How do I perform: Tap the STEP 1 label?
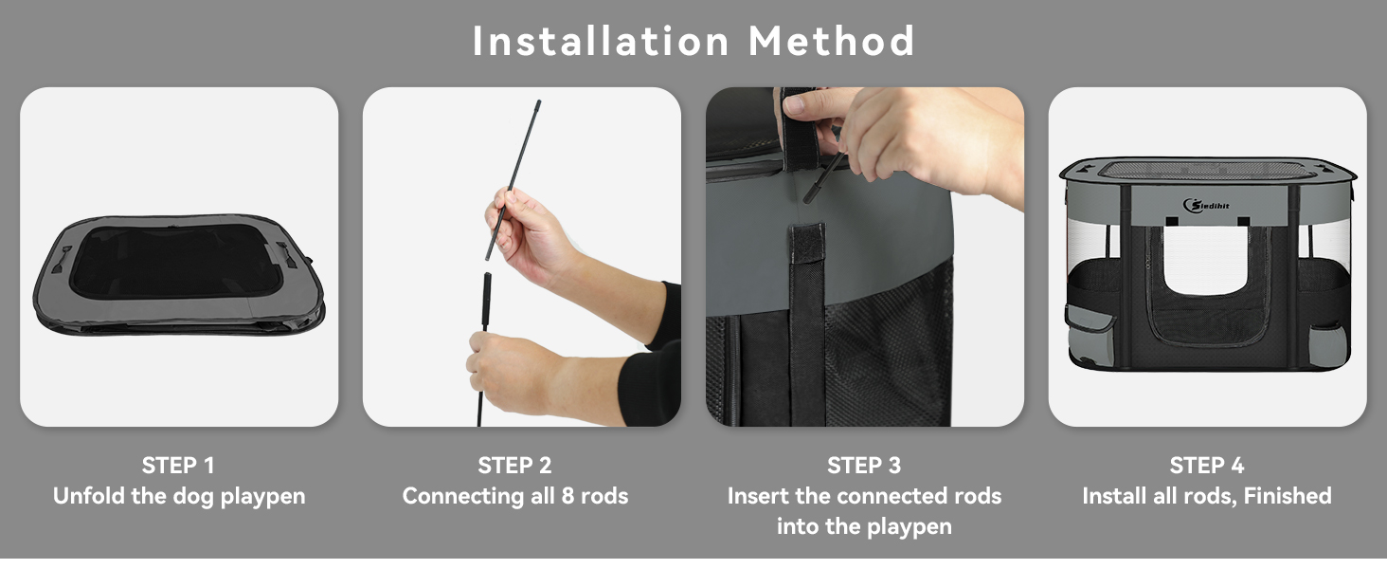point(178,466)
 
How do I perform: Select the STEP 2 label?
point(515,466)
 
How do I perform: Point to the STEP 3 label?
point(864,466)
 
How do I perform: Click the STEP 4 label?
point(1207,466)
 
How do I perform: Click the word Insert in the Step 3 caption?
point(758,496)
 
